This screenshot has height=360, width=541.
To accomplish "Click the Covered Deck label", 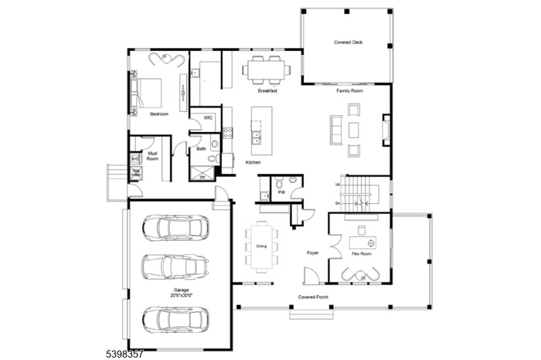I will pyautogui.click(x=348, y=42).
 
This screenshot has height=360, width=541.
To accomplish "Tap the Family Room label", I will pyautogui.click(x=349, y=90).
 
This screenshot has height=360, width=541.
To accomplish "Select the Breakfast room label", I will pyautogui.click(x=267, y=90).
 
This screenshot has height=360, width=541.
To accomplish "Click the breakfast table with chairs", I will pyautogui.click(x=267, y=69).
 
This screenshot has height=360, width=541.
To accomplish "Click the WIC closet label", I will pyautogui.click(x=208, y=117).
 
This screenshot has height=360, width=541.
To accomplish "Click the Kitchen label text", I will pyautogui.click(x=253, y=163).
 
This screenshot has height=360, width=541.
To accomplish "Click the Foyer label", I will pyautogui.click(x=312, y=253).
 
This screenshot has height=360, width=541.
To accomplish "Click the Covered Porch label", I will pyautogui.click(x=314, y=297).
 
